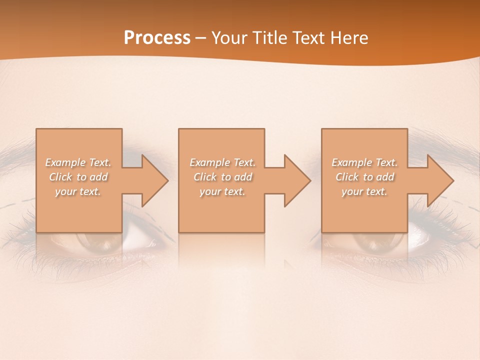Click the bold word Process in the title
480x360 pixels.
157,38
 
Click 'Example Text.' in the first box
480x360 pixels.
78,162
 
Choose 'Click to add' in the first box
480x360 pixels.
78,177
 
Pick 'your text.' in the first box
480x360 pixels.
78,191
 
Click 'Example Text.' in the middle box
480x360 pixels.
222,162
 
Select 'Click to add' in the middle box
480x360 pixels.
222,177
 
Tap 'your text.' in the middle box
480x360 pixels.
222,191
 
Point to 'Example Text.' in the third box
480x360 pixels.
364,162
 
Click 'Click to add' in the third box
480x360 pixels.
364,177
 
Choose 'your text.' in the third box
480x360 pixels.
364,191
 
